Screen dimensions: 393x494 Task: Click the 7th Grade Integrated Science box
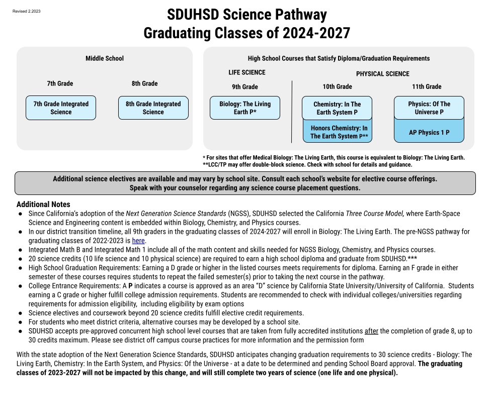pyautogui.click(x=61, y=108)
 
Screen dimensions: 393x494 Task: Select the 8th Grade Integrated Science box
pyautogui.click(x=153, y=108)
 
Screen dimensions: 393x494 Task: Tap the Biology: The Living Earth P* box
pyautogui.click(x=245, y=108)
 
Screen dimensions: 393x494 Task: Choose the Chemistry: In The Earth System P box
pyautogui.click(x=337, y=108)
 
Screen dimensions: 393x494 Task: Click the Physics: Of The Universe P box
pyautogui.click(x=429, y=108)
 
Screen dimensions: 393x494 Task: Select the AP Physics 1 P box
pyautogui.click(x=429, y=133)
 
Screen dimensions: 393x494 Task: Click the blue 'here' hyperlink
pyautogui.click(x=138, y=241)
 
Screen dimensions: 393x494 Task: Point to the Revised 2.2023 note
pyautogui.click(x=26, y=11)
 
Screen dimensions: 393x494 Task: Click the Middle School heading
pyautogui.click(x=105, y=58)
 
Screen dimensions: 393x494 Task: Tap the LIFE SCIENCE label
pyautogui.click(x=247, y=72)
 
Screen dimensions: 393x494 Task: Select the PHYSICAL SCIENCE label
pyautogui.click(x=383, y=74)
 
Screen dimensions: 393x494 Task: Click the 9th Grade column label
pyautogui.click(x=245, y=86)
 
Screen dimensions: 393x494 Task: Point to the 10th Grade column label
pyautogui.click(x=337, y=86)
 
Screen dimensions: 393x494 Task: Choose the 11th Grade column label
pyautogui.click(x=427, y=86)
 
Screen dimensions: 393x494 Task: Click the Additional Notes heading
pyautogui.click(x=43, y=205)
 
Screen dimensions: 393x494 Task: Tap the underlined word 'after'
pyautogui.click(x=371, y=331)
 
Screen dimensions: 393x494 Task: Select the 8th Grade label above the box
pyautogui.click(x=145, y=83)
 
